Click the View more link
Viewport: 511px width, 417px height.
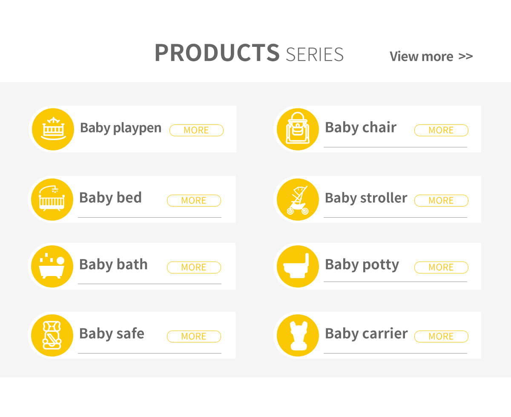point(431,57)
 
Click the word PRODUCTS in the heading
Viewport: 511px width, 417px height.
point(217,53)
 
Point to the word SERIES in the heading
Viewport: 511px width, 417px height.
point(315,55)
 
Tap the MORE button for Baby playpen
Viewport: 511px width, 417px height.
point(196,130)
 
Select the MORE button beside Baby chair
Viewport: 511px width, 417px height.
point(441,130)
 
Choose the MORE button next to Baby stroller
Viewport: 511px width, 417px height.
point(441,201)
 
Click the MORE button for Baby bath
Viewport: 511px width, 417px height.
point(194,267)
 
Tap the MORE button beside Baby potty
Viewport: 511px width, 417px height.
point(441,267)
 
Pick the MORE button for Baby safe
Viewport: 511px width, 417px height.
point(194,336)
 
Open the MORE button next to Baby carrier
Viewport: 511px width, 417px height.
point(441,336)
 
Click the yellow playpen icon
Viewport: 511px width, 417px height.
point(53,129)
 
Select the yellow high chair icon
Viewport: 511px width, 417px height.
point(298,129)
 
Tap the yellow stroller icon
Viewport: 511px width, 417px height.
point(298,199)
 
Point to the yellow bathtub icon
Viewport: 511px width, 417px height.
point(52,266)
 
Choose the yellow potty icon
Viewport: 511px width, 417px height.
point(298,266)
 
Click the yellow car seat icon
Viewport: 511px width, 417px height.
point(52,335)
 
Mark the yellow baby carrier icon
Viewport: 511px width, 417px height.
point(298,335)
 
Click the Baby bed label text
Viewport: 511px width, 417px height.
point(110,198)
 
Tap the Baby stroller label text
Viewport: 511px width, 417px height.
point(366,198)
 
